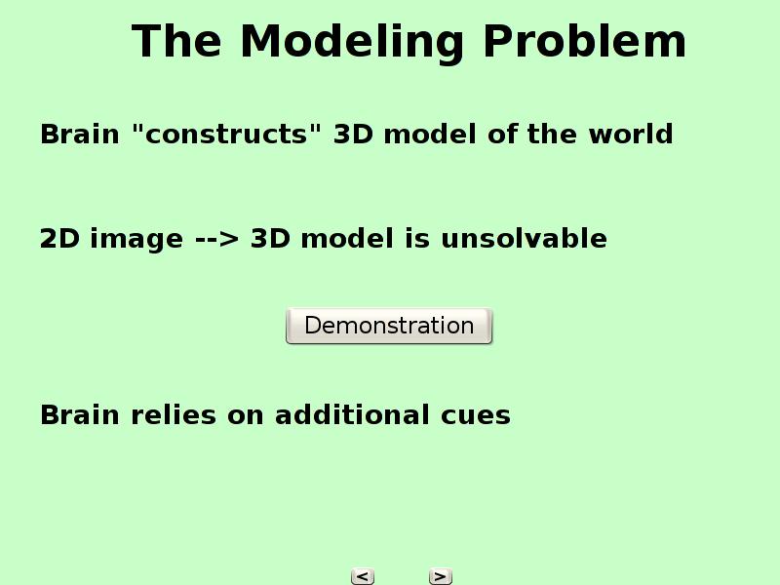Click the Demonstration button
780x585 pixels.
(x=389, y=326)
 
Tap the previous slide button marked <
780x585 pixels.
(x=363, y=576)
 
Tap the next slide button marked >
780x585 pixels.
(x=441, y=576)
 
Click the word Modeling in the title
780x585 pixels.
(x=352, y=43)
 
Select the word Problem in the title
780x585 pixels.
(x=584, y=41)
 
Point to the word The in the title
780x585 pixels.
(x=176, y=41)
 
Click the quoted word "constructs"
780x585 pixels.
(x=227, y=134)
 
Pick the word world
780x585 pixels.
(x=631, y=134)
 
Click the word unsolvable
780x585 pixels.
(x=524, y=238)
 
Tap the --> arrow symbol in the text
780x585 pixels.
(x=216, y=238)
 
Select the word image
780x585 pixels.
(x=136, y=239)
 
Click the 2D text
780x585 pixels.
(x=59, y=238)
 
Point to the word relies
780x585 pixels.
(x=174, y=414)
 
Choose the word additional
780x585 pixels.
(x=352, y=414)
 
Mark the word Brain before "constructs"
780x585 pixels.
(x=80, y=134)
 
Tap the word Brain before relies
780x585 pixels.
(x=80, y=415)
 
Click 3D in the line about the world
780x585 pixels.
(x=353, y=134)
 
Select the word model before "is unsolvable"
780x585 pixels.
(x=347, y=238)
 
